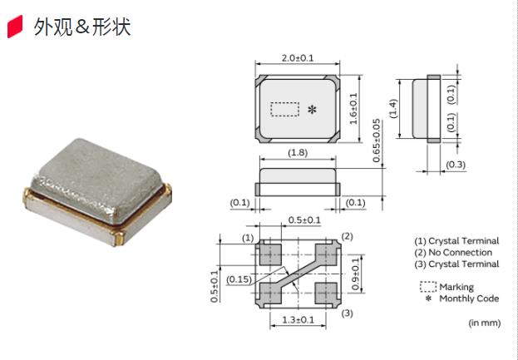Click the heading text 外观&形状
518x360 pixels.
(x=81, y=27)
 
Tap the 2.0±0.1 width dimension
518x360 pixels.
(x=297, y=58)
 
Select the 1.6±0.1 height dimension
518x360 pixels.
(x=353, y=109)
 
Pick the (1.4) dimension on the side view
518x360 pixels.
(x=394, y=108)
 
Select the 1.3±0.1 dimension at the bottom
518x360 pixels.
(x=297, y=319)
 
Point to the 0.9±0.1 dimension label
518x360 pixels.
(x=356, y=274)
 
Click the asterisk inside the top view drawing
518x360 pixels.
(x=313, y=110)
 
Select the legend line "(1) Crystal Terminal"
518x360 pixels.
(x=456, y=240)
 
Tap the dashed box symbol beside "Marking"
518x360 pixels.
(x=427, y=286)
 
